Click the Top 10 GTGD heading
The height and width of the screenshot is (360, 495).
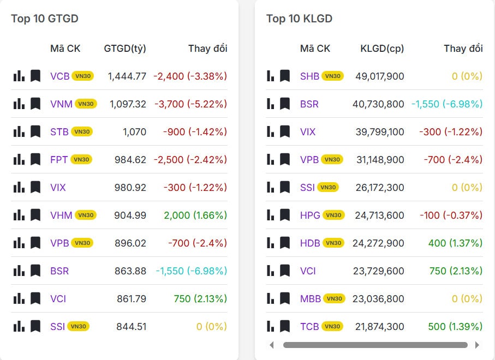tap(45, 19)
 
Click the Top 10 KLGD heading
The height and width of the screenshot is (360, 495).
tap(299, 19)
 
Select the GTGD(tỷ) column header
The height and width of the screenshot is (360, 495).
tap(125, 49)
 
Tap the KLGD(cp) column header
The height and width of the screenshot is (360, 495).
tap(382, 49)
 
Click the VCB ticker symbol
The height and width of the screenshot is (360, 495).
tap(60, 76)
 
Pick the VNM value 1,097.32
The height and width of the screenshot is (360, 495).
tap(128, 104)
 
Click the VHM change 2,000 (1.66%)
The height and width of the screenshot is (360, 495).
tap(195, 215)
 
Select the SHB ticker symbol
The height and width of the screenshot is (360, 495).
tap(309, 76)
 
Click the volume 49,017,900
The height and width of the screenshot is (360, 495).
tap(380, 76)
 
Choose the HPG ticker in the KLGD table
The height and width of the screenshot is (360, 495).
tap(310, 215)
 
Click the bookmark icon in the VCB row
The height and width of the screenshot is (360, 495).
tap(35, 76)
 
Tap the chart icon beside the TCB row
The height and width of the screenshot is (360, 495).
tap(271, 326)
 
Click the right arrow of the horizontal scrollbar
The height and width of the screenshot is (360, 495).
tap(477, 345)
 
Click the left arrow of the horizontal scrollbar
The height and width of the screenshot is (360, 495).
tap(272, 345)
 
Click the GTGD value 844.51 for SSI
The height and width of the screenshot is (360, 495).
tap(131, 326)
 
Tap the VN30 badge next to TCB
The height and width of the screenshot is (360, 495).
tap(332, 326)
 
